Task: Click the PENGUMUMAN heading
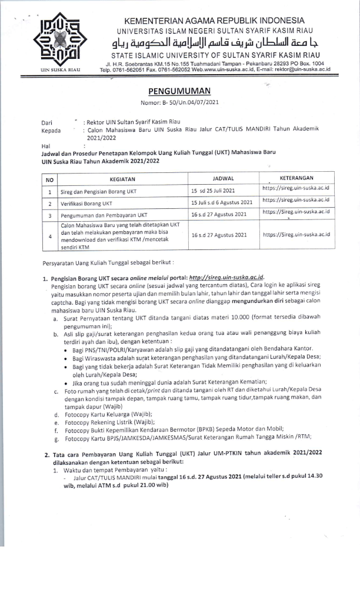(x=180, y=91)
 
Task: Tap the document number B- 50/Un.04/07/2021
(x=180, y=103)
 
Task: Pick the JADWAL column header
(x=223, y=178)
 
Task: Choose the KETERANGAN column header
(x=296, y=178)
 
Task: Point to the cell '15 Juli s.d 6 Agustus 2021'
(x=222, y=203)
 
